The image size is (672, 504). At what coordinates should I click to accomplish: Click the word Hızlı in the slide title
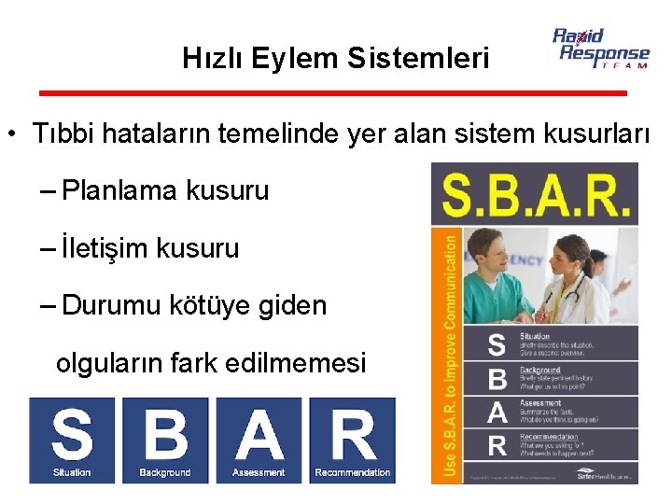click(207, 59)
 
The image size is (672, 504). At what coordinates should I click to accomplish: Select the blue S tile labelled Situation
click(72, 440)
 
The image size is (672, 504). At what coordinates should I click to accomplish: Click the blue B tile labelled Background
click(164, 440)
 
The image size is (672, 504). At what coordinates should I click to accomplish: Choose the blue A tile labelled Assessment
click(259, 440)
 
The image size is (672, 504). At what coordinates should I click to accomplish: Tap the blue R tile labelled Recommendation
click(353, 440)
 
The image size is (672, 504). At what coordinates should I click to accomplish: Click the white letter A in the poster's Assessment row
click(498, 411)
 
